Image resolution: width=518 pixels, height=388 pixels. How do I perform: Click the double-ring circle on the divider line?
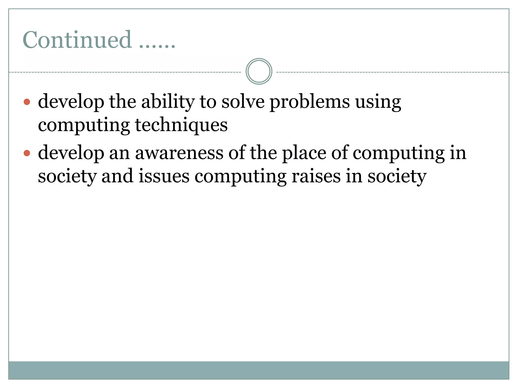click(x=259, y=71)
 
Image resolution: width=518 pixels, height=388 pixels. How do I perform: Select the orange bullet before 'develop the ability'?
click(x=27, y=102)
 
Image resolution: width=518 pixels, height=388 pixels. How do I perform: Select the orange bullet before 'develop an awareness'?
click(x=27, y=153)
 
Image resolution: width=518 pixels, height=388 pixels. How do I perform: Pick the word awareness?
click(x=179, y=153)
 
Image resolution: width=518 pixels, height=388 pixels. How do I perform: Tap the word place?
click(x=304, y=153)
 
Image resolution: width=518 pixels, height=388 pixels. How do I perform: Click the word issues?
click(x=164, y=176)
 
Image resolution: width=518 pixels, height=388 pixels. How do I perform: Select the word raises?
click(x=316, y=176)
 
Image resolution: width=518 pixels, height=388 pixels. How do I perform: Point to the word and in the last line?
click(x=117, y=176)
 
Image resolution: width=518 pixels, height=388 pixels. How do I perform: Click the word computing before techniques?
click(x=84, y=126)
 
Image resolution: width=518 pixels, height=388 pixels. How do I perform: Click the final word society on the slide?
click(x=397, y=176)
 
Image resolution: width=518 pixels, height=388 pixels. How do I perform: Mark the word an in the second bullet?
click(x=119, y=154)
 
